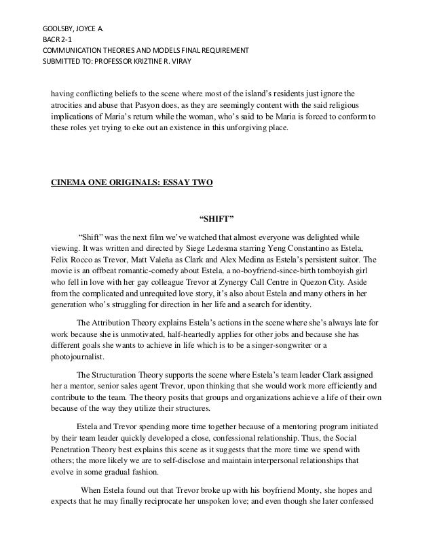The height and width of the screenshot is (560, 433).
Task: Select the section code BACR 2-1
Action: coord(57,39)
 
